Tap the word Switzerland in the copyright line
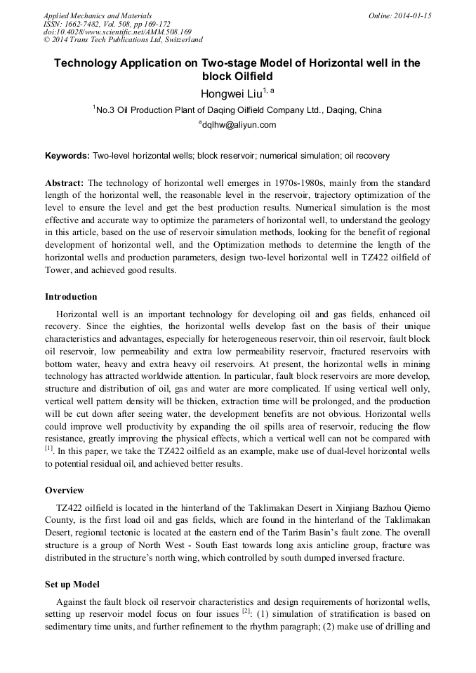(179, 40)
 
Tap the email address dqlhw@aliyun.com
(239, 125)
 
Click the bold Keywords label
(67, 155)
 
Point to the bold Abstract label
(65, 182)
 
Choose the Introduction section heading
(71, 297)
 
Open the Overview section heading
(65, 490)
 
